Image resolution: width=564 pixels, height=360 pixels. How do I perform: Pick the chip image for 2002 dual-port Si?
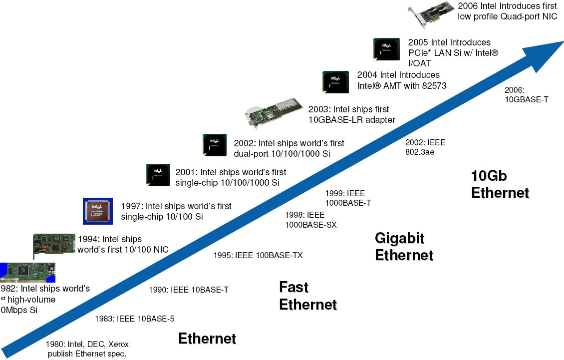tap(215, 146)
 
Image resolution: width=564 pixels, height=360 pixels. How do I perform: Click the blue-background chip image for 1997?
tap(97, 210)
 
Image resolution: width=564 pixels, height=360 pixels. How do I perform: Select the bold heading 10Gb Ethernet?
tap(500, 184)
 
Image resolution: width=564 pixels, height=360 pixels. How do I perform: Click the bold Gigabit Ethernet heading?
tap(404, 247)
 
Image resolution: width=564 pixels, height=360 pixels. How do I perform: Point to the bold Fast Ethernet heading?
tap(307, 296)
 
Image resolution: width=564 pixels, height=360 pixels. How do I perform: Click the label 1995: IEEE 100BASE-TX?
tap(258, 256)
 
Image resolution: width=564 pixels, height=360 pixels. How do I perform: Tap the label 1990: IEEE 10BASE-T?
tap(189, 290)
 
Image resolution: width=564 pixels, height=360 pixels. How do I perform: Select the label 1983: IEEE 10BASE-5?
tap(135, 319)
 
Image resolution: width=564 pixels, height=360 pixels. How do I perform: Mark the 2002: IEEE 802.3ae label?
tap(425, 147)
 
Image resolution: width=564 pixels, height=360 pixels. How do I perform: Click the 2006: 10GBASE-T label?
tap(527, 95)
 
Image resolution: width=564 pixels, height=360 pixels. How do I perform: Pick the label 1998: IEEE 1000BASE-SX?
tap(310, 220)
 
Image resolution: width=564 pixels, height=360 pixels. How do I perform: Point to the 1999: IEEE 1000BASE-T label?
tap(348, 198)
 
